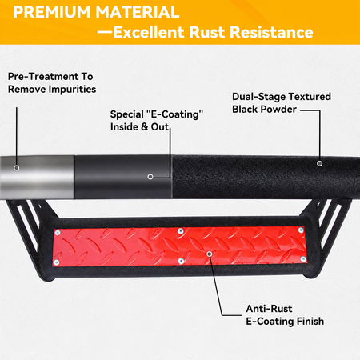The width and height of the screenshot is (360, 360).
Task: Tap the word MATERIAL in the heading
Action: pyautogui.click(x=138, y=12)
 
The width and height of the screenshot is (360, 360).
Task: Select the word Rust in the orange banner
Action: pyautogui.click(x=207, y=32)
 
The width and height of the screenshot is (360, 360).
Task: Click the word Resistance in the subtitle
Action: pyautogui.click(x=271, y=32)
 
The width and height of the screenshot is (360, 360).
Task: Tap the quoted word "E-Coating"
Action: pyautogui.click(x=175, y=114)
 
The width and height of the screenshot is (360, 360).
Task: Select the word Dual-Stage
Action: pyautogui.click(x=258, y=97)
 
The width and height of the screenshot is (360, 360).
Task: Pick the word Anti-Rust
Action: pyautogui.click(x=269, y=309)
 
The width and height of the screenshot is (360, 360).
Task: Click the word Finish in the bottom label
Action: pyautogui.click(x=310, y=322)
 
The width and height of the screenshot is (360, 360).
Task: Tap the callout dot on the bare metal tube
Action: pyautogui.click(x=17, y=168)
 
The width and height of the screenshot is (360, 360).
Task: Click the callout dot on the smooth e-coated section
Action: pyautogui.click(x=150, y=177)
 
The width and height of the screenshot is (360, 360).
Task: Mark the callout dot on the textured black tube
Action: pyautogui.click(x=319, y=163)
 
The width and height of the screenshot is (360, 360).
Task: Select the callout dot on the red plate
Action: pyautogui.click(x=210, y=254)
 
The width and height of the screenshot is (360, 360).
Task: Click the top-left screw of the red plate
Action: pyautogui.click(x=58, y=233)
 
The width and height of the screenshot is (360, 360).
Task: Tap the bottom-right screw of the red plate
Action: pyautogui.click(x=303, y=259)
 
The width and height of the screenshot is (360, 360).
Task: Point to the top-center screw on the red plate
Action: pyautogui.click(x=180, y=230)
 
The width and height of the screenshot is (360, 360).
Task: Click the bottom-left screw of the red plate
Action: pyautogui.click(x=56, y=262)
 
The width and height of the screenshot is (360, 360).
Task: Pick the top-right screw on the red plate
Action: pyautogui.click(x=301, y=230)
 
